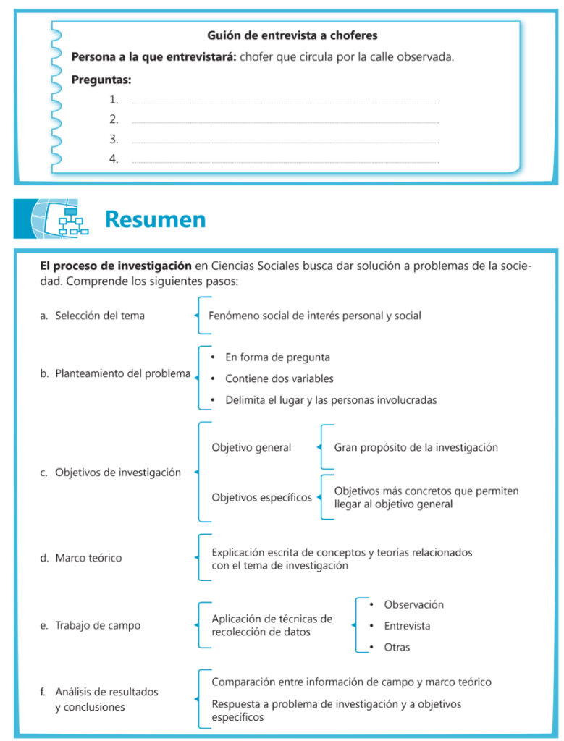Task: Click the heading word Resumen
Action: click(155, 219)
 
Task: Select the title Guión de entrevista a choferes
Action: click(292, 35)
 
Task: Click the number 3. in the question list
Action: click(114, 139)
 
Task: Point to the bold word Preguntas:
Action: click(101, 80)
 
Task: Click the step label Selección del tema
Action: click(99, 316)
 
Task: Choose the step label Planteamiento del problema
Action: click(122, 374)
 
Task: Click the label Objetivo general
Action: click(251, 447)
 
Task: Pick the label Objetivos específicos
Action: click(261, 497)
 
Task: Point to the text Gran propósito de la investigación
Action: click(416, 447)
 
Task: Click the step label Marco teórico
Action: click(88, 558)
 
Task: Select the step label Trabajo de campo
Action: click(98, 625)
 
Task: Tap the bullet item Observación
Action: click(413, 604)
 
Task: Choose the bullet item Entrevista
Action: click(407, 626)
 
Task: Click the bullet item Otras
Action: click(397, 647)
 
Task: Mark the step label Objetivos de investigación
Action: click(117, 473)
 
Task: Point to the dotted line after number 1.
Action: click(285, 103)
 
